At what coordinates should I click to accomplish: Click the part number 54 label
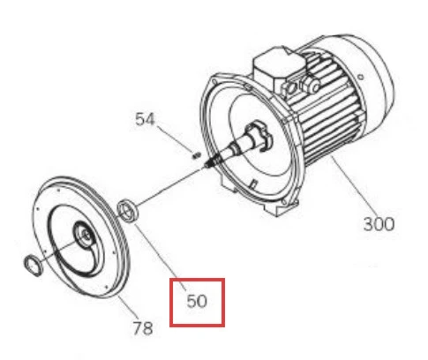click(145, 119)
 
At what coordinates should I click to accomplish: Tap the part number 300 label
click(379, 224)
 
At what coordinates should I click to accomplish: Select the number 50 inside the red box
click(197, 301)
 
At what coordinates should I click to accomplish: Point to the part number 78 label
click(143, 328)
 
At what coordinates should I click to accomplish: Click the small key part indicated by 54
click(196, 155)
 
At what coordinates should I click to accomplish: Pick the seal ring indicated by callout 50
click(128, 210)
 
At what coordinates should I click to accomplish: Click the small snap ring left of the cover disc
click(33, 266)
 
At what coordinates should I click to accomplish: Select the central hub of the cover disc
click(85, 235)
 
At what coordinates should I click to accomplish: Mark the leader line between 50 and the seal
click(161, 258)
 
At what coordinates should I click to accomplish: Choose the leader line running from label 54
click(176, 139)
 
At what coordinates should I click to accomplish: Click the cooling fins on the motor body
click(329, 109)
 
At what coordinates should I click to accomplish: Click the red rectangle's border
click(170, 303)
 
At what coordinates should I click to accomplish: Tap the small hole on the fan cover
click(361, 77)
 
